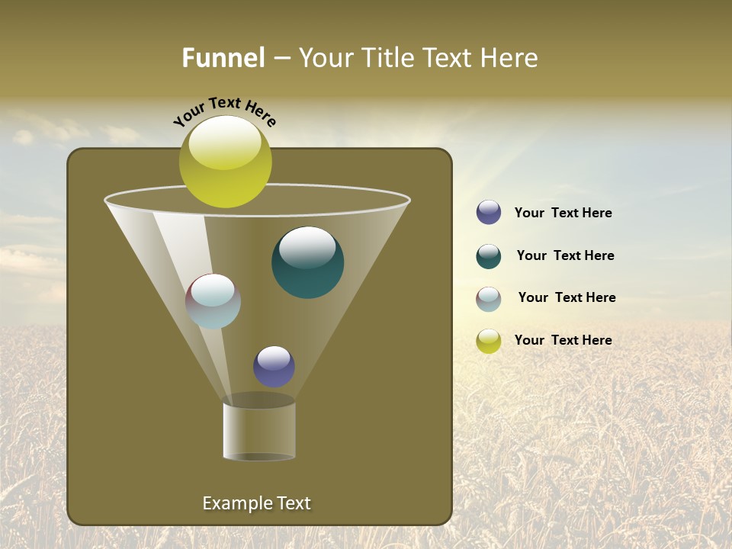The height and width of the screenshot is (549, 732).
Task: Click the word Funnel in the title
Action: pyautogui.click(x=223, y=58)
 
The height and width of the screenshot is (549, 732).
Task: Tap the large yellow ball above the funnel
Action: pyautogui.click(x=225, y=162)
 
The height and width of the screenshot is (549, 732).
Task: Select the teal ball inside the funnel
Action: pyautogui.click(x=307, y=263)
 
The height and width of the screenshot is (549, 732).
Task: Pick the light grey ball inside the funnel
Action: pyautogui.click(x=213, y=301)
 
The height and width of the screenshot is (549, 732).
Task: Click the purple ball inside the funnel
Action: pyautogui.click(x=274, y=367)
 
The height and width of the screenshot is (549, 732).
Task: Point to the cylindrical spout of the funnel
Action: pyautogui.click(x=258, y=431)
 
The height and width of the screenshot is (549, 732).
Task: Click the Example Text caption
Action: pyautogui.click(x=256, y=503)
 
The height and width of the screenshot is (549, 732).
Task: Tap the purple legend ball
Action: pyautogui.click(x=489, y=213)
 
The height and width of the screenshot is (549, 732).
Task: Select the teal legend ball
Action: pyautogui.click(x=489, y=256)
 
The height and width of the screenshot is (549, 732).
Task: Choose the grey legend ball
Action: pyautogui.click(x=489, y=299)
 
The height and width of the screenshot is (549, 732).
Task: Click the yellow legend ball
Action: pyautogui.click(x=489, y=341)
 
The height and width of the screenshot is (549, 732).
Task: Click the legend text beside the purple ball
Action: pyautogui.click(x=563, y=213)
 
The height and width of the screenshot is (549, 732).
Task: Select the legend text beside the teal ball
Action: pyautogui.click(x=565, y=255)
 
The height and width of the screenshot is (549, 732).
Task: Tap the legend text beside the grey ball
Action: pyautogui.click(x=567, y=297)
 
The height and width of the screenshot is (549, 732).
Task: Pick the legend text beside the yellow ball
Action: pyautogui.click(x=563, y=340)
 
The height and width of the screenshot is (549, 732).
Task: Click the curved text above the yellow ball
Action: pyautogui.click(x=225, y=111)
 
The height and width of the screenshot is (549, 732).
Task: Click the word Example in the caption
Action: pyautogui.click(x=235, y=503)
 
